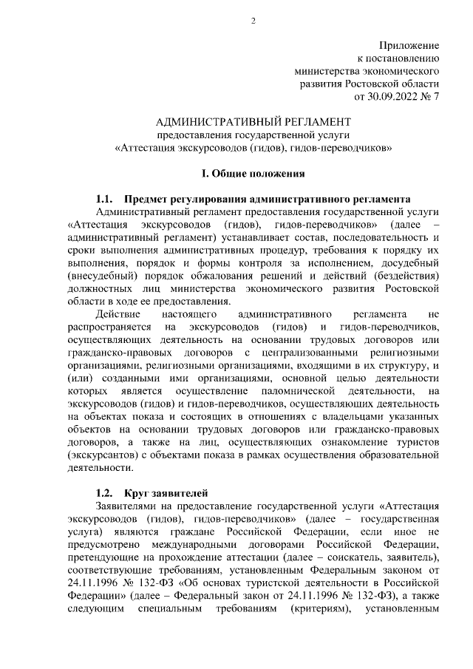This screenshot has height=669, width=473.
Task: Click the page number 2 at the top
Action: click(x=253, y=20)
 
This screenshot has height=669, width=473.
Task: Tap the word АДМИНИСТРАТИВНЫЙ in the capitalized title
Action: click(x=222, y=121)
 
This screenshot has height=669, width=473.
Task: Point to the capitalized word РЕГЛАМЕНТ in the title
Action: click(x=316, y=121)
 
